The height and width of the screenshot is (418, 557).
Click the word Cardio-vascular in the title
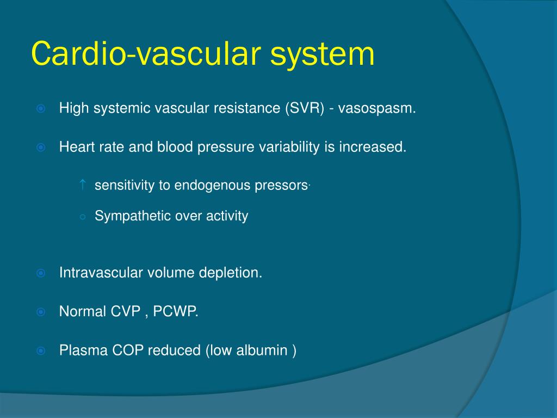click(x=146, y=53)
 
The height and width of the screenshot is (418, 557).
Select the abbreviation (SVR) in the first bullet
click(x=305, y=108)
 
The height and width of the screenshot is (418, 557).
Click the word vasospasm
click(x=376, y=109)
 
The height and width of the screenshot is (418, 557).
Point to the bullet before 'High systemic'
click(x=41, y=108)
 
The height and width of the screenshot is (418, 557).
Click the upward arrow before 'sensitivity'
click(x=83, y=185)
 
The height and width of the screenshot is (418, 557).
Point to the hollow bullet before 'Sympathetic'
click(x=83, y=217)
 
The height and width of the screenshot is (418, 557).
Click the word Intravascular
click(x=101, y=273)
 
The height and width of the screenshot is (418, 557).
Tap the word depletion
click(x=230, y=273)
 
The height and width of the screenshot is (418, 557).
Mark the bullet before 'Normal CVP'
click(x=41, y=312)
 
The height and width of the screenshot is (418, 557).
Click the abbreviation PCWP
click(x=175, y=311)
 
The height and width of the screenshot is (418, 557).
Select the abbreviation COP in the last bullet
click(x=128, y=350)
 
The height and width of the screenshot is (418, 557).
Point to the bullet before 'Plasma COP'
click(x=41, y=351)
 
